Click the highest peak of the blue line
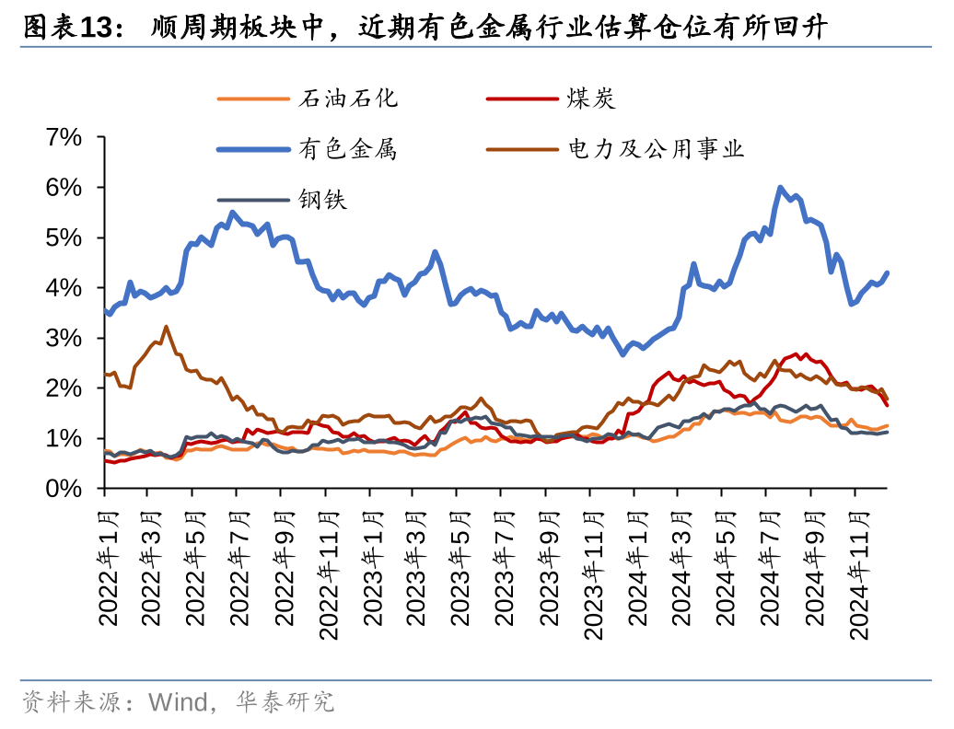pos(780,188)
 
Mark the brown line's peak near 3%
pos(166,327)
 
